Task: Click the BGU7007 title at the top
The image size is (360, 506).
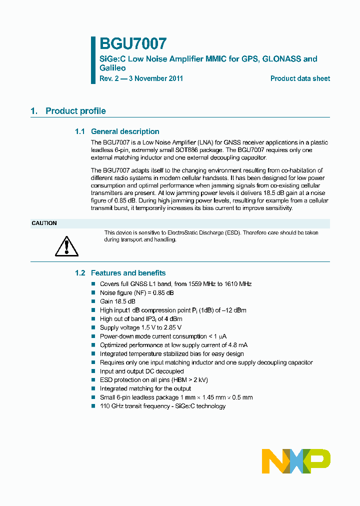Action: [132, 44]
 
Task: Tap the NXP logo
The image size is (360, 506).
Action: [296, 460]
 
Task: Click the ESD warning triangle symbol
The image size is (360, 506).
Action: [66, 245]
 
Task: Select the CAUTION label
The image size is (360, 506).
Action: [44, 223]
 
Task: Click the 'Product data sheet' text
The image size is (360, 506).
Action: [300, 78]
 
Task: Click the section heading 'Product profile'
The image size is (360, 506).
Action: [75, 111]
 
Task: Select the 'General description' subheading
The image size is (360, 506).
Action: [125, 131]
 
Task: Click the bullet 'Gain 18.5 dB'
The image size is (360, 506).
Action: [117, 301]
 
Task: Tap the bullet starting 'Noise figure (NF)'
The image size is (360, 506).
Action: [136, 292]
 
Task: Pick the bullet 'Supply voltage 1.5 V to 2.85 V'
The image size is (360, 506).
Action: [140, 327]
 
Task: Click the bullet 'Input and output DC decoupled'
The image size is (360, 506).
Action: [141, 371]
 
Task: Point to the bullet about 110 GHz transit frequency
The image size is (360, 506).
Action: [162, 406]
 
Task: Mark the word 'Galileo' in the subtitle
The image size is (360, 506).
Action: [112, 68]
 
